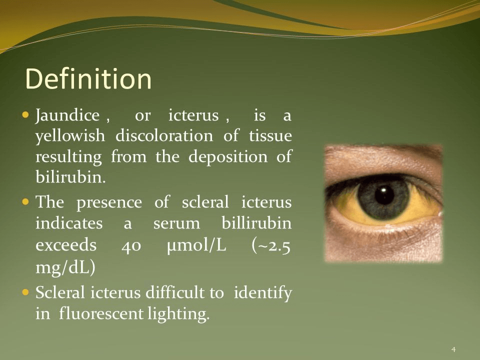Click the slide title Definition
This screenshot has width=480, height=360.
click(x=88, y=78)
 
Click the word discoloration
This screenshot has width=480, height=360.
click(x=164, y=135)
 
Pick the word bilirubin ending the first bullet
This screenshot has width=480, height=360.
click(x=70, y=176)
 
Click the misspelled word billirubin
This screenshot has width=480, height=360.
click(x=256, y=222)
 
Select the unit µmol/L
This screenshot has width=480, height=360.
click(x=196, y=245)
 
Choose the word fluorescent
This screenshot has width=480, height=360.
click(x=101, y=313)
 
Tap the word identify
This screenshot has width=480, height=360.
click(x=263, y=293)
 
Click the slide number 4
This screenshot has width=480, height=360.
click(x=453, y=349)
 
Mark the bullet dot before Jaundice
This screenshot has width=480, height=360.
click(x=25, y=115)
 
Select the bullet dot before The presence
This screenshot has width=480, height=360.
click(x=25, y=201)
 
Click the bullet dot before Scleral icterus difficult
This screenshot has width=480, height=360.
click(x=25, y=292)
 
